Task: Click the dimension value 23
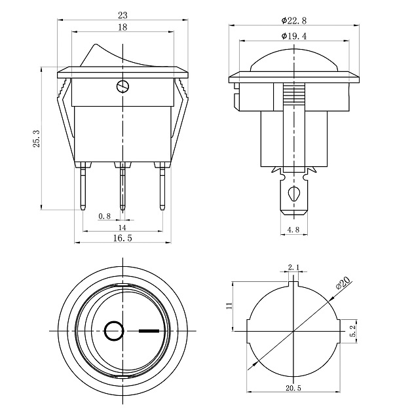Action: pyautogui.click(x=123, y=16)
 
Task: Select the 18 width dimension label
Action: pyautogui.click(x=122, y=27)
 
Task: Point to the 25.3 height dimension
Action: pyautogui.click(x=36, y=139)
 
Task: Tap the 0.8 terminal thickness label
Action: pyautogui.click(x=104, y=216)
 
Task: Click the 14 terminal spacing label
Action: pyautogui.click(x=122, y=228)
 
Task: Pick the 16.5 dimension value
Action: pyautogui.click(x=122, y=238)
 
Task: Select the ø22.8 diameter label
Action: pyautogui.click(x=294, y=20)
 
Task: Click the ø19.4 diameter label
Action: pyautogui.click(x=294, y=36)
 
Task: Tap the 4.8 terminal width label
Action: pyautogui.click(x=293, y=230)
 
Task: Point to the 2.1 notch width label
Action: pyautogui.click(x=293, y=267)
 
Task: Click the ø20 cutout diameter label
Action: pyautogui.click(x=343, y=283)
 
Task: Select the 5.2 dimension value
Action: pyautogui.click(x=353, y=331)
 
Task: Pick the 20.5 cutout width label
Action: pyautogui.click(x=293, y=388)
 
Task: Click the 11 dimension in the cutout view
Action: pyautogui.click(x=229, y=305)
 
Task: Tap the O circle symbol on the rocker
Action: pyautogui.click(x=115, y=331)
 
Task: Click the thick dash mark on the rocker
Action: pyautogui.click(x=149, y=331)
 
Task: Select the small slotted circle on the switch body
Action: pyautogui.click(x=123, y=86)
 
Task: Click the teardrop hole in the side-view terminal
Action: pyautogui.click(x=293, y=193)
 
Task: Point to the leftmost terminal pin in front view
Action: pyautogui.click(x=83, y=186)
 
